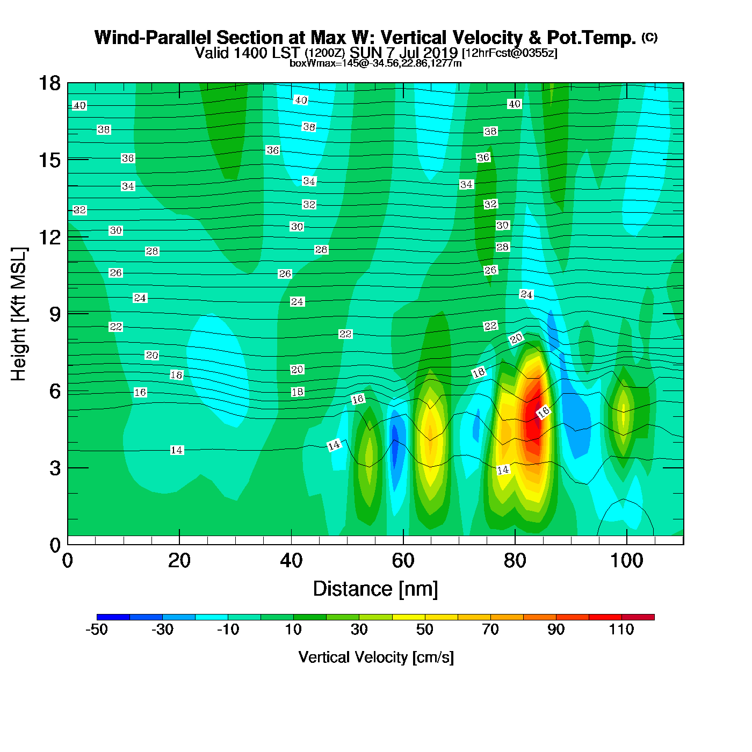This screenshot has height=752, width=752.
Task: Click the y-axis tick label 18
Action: click(x=49, y=83)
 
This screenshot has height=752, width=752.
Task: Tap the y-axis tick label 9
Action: click(x=55, y=314)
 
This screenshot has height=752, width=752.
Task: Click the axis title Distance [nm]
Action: click(x=375, y=589)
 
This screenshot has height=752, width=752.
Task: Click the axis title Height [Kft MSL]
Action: click(x=19, y=314)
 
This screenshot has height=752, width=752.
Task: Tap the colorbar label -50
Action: click(x=97, y=630)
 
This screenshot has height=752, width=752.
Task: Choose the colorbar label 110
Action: click(x=621, y=630)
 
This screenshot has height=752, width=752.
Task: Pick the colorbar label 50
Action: click(x=425, y=630)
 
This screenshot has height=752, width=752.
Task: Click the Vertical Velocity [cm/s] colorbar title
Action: click(x=376, y=657)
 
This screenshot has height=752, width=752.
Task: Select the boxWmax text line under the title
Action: click(x=375, y=63)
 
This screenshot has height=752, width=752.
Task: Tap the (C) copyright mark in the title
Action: click(x=649, y=37)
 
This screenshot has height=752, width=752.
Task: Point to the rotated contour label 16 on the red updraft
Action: click(x=544, y=412)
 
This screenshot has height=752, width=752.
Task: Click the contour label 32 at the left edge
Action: click(x=79, y=210)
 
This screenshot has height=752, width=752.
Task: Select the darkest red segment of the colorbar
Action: click(x=638, y=617)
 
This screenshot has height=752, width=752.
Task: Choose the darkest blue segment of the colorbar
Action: click(x=113, y=617)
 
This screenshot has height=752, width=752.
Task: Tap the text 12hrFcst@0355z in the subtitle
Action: click(x=510, y=53)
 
